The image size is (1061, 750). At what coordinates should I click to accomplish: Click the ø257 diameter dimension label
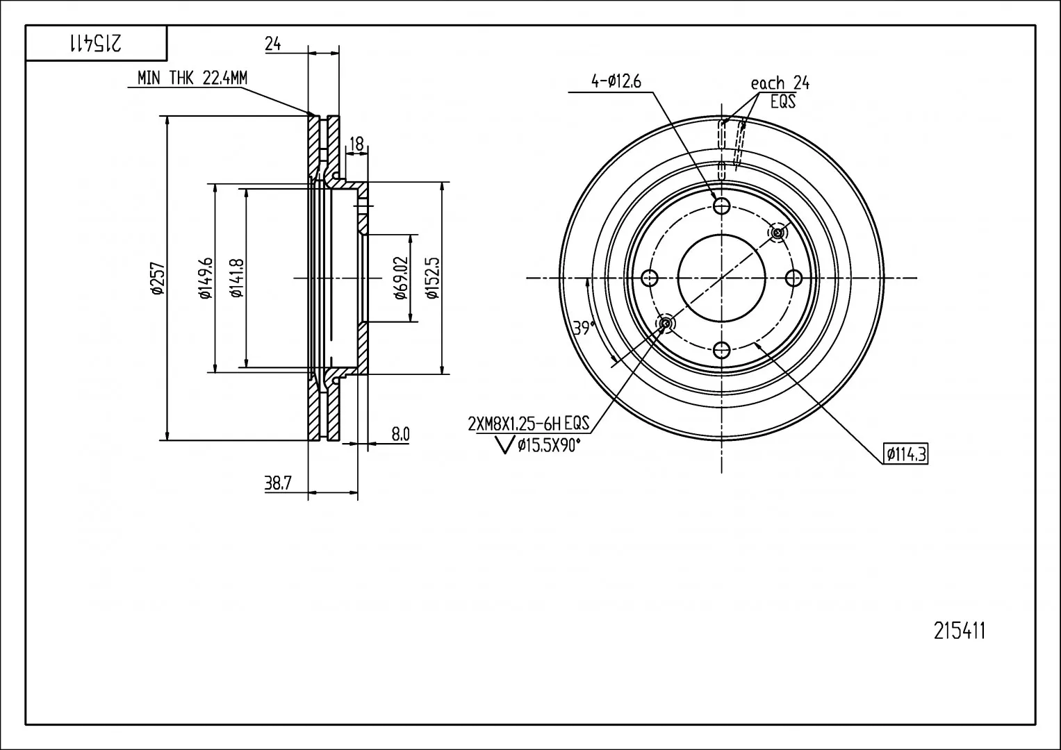[158, 279]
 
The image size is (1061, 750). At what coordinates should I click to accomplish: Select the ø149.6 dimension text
[206, 278]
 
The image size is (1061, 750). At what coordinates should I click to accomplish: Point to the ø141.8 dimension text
[237, 278]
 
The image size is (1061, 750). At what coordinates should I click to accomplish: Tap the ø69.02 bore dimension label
[401, 278]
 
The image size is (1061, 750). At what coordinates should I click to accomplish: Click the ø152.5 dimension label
[433, 278]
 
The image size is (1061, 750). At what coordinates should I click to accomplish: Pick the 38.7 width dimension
[277, 483]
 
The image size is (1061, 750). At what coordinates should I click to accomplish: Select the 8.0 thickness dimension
[400, 434]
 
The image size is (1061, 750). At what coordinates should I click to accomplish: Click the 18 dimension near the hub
[356, 144]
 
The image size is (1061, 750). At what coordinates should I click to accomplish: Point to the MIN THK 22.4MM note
[192, 78]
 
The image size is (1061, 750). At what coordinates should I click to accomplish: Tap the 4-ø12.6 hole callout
[616, 81]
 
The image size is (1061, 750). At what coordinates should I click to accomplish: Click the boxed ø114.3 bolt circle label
[905, 454]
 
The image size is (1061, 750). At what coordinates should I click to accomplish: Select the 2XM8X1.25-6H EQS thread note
[529, 424]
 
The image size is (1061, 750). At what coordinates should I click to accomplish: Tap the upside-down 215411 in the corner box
[96, 43]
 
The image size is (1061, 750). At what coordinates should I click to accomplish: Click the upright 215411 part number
[959, 631]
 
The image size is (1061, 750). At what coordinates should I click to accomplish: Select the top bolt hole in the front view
[721, 206]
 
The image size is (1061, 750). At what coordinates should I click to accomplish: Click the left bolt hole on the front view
[650, 278]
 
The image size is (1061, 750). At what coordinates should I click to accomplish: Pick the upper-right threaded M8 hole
[778, 233]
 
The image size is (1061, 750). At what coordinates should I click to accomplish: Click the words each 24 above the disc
[780, 83]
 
